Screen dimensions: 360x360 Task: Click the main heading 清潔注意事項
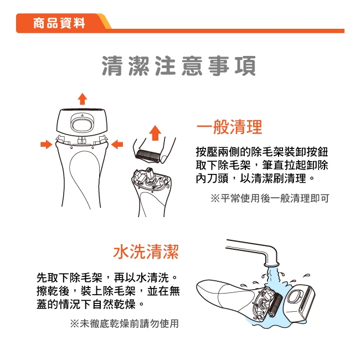tap(179, 66)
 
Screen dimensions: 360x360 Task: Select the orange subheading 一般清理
tap(229, 127)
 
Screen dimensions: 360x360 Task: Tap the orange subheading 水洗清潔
tap(146, 253)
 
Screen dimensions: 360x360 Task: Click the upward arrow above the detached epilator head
tap(83, 99)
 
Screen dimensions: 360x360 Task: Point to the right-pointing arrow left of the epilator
tap(47, 144)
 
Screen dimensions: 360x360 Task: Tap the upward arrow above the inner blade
tap(155, 133)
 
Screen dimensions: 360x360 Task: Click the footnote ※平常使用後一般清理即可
tap(270, 198)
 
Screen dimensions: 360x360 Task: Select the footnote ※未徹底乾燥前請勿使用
tap(124, 323)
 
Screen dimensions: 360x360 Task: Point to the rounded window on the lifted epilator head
tap(82, 121)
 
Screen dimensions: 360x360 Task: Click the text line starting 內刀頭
tap(256, 179)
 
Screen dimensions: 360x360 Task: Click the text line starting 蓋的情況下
tap(92, 305)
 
